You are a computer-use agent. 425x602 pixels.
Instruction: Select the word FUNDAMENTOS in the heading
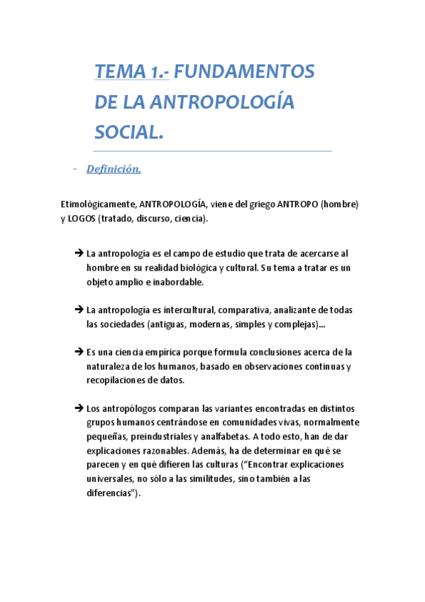click(x=244, y=72)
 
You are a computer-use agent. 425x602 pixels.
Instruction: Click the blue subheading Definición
click(x=114, y=169)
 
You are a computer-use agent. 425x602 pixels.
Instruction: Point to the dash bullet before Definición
click(x=74, y=169)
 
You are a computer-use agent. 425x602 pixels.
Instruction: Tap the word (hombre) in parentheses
click(x=340, y=204)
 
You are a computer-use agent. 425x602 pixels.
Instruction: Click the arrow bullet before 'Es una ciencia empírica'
click(x=78, y=351)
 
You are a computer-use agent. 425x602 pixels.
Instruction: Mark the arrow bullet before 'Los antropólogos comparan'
click(x=78, y=408)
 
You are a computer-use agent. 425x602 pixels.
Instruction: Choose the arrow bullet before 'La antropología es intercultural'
click(x=78, y=310)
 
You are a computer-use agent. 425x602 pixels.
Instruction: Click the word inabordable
click(x=172, y=281)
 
